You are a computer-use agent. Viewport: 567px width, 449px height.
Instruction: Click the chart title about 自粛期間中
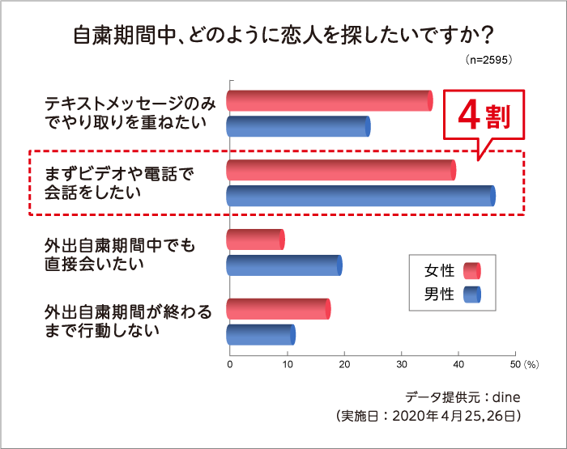coord(283,37)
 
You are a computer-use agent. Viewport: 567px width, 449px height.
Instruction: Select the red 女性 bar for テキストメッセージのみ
coord(329,100)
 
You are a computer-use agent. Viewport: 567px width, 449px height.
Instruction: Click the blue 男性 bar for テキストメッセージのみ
coord(297,126)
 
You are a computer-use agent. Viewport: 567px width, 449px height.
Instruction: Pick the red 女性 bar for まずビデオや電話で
coord(340,170)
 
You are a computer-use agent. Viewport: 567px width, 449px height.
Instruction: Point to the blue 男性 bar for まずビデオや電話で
coord(360,196)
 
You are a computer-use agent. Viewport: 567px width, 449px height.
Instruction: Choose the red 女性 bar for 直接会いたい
coord(255,239)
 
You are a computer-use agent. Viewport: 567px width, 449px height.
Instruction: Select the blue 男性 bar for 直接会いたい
coord(283,265)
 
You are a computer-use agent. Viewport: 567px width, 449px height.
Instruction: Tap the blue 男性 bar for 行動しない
coord(260,334)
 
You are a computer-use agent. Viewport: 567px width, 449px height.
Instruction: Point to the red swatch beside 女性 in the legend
coord(471,270)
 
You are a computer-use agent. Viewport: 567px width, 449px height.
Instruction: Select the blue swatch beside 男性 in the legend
coord(471,294)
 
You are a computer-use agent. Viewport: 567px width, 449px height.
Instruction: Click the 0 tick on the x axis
coord(230,365)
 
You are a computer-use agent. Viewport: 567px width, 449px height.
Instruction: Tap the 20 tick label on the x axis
coord(344,365)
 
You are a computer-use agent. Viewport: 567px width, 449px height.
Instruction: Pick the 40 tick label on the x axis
coord(458,365)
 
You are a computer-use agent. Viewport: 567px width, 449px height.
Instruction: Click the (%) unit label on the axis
coord(531,365)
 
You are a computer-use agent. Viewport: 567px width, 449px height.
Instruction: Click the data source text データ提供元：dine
coord(461,397)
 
